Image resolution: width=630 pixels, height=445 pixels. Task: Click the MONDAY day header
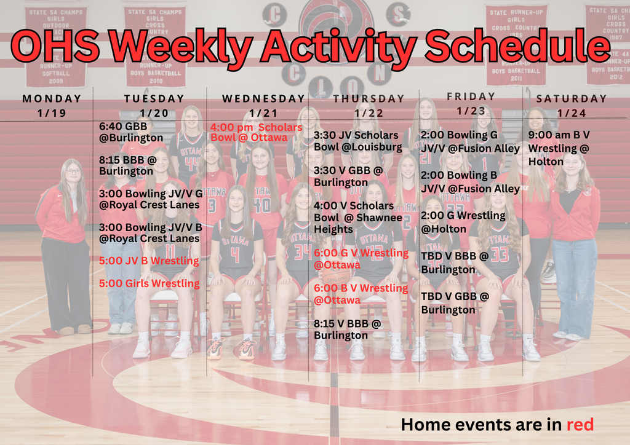pyautogui.click(x=52, y=98)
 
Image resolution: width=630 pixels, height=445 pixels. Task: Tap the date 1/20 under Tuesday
pyautogui.click(x=154, y=113)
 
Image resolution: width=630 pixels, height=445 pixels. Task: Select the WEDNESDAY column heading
pyautogui.click(x=263, y=98)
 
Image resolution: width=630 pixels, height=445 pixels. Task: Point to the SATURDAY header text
pyautogui.click(x=572, y=98)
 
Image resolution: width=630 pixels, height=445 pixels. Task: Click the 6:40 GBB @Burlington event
pyautogui.click(x=131, y=132)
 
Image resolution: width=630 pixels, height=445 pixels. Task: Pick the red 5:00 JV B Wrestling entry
pyautogui.click(x=149, y=261)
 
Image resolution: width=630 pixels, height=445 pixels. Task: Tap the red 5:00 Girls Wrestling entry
pyautogui.click(x=150, y=283)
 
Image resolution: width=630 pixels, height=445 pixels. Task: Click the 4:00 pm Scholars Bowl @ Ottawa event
pyautogui.click(x=257, y=132)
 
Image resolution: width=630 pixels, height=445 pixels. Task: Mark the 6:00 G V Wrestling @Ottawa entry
pyautogui.click(x=361, y=259)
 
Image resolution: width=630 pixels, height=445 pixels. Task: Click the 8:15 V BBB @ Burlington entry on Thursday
pyautogui.click(x=348, y=329)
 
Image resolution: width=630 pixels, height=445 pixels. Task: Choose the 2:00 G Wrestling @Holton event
pyautogui.click(x=463, y=222)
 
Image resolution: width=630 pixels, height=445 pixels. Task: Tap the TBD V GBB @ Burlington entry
pyautogui.click(x=455, y=303)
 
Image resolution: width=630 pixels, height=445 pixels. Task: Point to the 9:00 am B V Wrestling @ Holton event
pyautogui.click(x=559, y=148)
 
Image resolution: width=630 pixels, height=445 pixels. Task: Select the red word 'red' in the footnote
pyautogui.click(x=580, y=424)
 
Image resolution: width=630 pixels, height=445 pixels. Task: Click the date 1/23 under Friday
pyautogui.click(x=471, y=111)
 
